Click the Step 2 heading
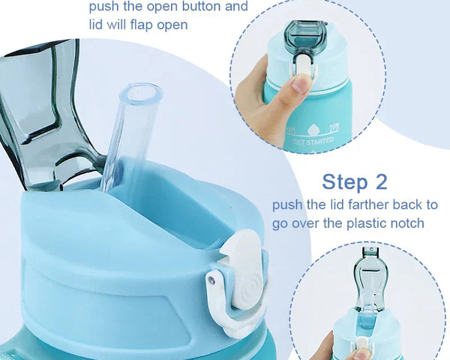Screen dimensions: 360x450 (355, 181)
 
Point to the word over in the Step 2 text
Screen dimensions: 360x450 (307, 223)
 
